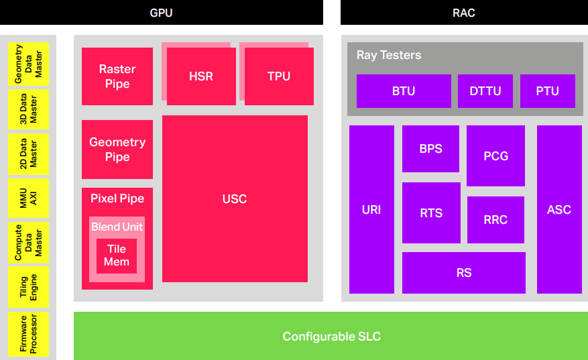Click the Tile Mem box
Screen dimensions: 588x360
click(117, 255)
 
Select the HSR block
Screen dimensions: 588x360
click(201, 76)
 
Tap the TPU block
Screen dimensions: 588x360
click(279, 76)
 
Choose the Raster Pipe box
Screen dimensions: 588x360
click(117, 76)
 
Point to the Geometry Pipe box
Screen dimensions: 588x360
click(117, 149)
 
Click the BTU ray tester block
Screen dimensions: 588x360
click(404, 91)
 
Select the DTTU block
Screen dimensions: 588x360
click(485, 91)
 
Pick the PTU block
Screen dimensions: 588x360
click(548, 91)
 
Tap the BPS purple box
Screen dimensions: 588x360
click(431, 149)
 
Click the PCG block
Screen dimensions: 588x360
click(495, 156)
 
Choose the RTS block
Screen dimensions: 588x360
click(431, 213)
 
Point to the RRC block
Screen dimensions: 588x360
click(495, 220)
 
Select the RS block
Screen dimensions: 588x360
click(464, 273)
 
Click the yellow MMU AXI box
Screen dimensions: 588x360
click(29, 198)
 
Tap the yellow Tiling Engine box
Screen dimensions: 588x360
click(29, 287)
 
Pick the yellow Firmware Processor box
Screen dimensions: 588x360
click(29, 334)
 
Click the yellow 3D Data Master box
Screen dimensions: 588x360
click(29, 109)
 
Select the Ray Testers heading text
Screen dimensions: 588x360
click(389, 55)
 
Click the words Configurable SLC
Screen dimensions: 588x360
click(331, 337)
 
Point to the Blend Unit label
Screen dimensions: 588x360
click(117, 227)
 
